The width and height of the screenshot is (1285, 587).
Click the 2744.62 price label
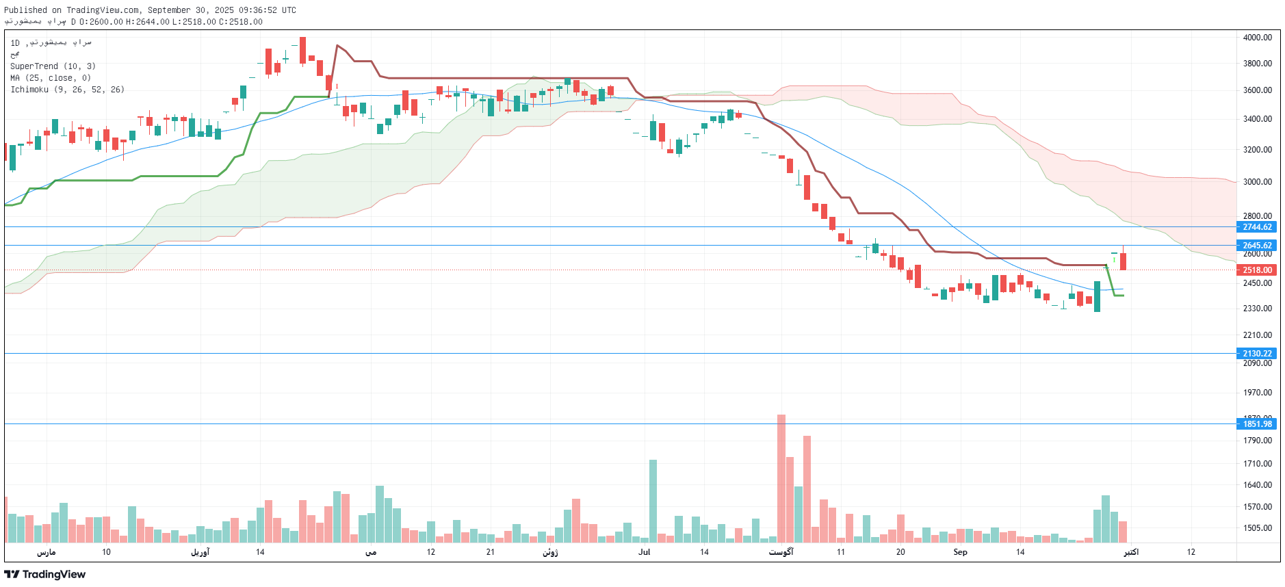tap(1257, 227)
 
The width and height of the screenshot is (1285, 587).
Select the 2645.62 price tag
tap(1257, 246)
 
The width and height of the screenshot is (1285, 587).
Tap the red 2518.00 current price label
tap(1257, 270)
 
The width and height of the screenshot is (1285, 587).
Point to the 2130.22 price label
tap(1257, 354)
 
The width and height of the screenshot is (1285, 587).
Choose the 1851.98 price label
tap(1257, 424)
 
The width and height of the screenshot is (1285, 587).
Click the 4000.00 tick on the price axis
tap(1257, 38)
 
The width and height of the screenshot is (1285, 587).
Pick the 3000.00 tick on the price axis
tap(1257, 182)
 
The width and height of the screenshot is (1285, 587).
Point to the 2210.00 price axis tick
tap(1257, 335)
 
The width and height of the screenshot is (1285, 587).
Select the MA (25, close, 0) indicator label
tap(51, 78)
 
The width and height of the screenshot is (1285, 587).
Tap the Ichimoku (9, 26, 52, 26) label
tap(67, 90)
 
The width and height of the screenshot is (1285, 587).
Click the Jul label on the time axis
tap(644, 552)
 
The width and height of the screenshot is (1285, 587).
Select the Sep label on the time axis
tap(960, 552)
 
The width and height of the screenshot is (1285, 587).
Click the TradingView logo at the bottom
tap(45, 574)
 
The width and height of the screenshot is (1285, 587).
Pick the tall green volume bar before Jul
tap(653, 500)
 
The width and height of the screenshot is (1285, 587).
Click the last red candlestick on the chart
tap(1123, 261)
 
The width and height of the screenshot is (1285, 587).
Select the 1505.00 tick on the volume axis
tap(1257, 528)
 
